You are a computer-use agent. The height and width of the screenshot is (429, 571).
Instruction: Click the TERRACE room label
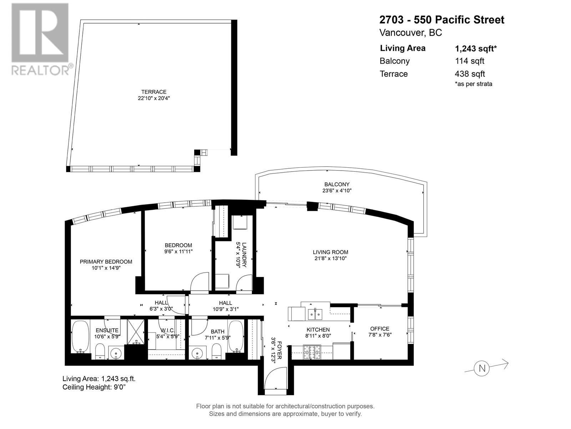(154, 92)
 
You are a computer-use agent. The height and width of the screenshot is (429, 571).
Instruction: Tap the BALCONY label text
(337, 184)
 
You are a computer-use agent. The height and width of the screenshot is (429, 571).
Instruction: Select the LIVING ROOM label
(330, 252)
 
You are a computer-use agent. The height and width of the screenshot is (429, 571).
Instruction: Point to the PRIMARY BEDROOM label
(106, 262)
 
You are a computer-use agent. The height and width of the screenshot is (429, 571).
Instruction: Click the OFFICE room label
(380, 329)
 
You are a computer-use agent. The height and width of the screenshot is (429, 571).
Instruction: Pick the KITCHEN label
(318, 330)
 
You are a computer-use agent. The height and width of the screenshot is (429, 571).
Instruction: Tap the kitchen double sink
(315, 314)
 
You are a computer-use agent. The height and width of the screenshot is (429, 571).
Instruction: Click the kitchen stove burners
(312, 352)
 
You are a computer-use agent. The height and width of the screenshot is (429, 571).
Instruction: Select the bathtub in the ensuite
(80, 337)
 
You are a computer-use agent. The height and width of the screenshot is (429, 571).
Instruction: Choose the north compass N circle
(482, 369)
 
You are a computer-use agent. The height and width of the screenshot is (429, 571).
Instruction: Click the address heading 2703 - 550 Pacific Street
(442, 20)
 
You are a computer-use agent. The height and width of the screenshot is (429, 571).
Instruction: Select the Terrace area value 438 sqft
(470, 74)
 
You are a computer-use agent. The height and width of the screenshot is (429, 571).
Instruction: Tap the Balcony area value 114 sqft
(470, 61)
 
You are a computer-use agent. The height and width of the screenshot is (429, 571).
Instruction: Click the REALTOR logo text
(40, 70)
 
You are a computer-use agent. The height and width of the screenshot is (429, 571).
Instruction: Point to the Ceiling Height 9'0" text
(94, 387)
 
